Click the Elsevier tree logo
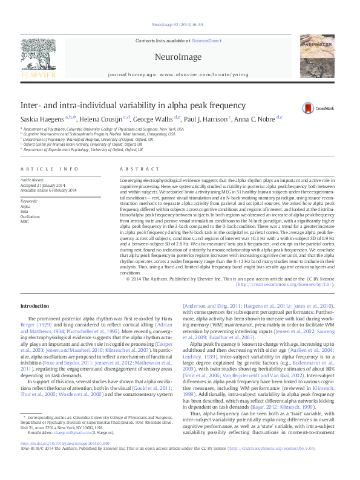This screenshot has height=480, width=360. (x=39, y=54)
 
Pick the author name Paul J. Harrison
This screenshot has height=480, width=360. (x=208, y=118)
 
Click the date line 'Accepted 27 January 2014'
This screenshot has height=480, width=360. (x=44, y=185)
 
